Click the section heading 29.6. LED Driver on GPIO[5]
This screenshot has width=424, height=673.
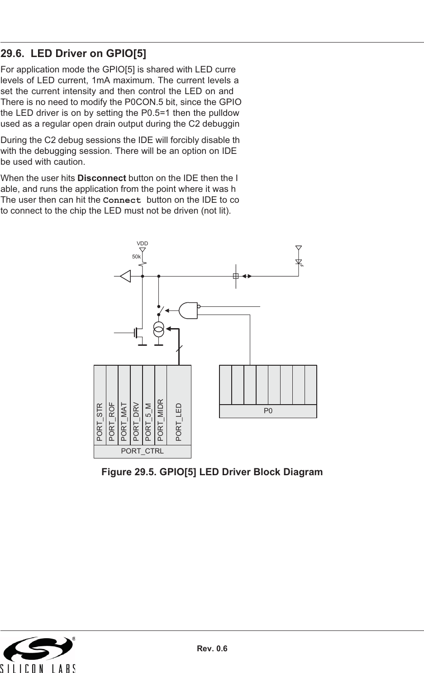pyautogui.click(x=73, y=54)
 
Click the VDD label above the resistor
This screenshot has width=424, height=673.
pyautogui.click(x=143, y=243)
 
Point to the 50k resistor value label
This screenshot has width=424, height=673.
pyautogui.click(x=136, y=257)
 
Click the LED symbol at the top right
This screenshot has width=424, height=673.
pyautogui.click(x=298, y=262)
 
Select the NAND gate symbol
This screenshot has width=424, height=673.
pyautogui.click(x=189, y=310)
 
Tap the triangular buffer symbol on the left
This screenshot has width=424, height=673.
pyautogui.click(x=125, y=276)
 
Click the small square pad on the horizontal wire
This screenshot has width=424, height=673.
pyautogui.click(x=235, y=276)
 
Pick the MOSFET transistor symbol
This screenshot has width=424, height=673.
pyautogui.click(x=138, y=333)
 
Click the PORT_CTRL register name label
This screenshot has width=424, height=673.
pyautogui.click(x=142, y=452)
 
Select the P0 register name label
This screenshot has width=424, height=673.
pyautogui.click(x=268, y=411)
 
